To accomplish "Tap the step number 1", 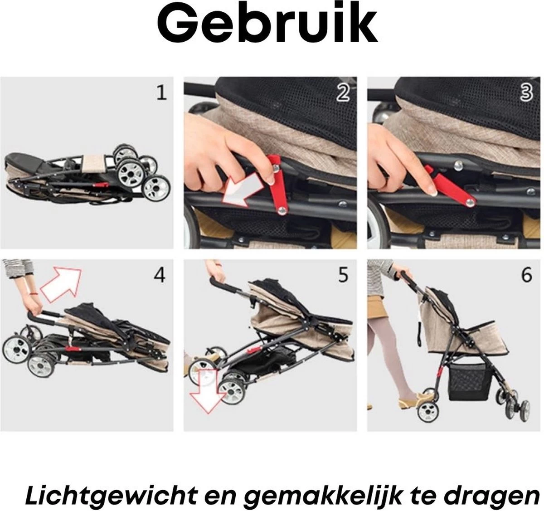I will [161, 92].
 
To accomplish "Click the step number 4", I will [160, 275].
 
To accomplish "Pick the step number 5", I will [343, 275].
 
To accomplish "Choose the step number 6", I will [526, 275].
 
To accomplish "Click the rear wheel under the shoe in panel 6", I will [428, 411].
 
